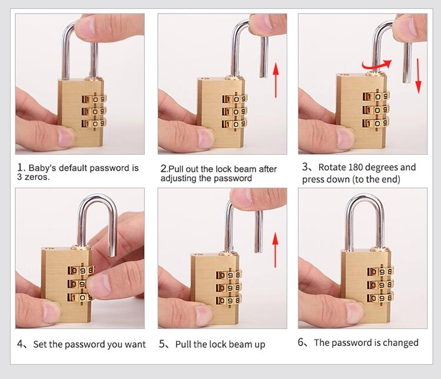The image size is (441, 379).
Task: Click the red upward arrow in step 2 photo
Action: click(276, 80)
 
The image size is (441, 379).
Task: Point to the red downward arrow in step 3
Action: click(419, 76)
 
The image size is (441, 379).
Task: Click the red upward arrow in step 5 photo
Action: click(276, 250)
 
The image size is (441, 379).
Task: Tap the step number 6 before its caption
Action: click(301, 342)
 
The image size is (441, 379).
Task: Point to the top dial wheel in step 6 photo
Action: click(380, 272)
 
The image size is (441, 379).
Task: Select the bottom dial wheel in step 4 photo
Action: click(80, 297)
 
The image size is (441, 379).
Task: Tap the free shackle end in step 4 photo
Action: click(112, 254)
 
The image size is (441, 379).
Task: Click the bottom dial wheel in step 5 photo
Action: click(228, 300)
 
